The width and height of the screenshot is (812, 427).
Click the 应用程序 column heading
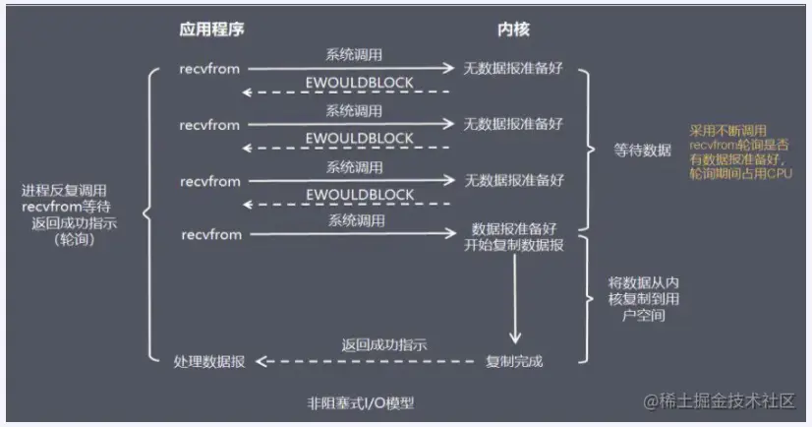211,30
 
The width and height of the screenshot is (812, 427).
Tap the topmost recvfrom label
210,70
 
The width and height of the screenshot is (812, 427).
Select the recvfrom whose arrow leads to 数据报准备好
210,235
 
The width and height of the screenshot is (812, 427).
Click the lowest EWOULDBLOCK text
359,195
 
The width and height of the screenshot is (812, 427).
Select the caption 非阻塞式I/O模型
360,401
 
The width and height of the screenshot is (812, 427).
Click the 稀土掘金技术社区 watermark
720,401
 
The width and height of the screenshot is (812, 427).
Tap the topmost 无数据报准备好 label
514,70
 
